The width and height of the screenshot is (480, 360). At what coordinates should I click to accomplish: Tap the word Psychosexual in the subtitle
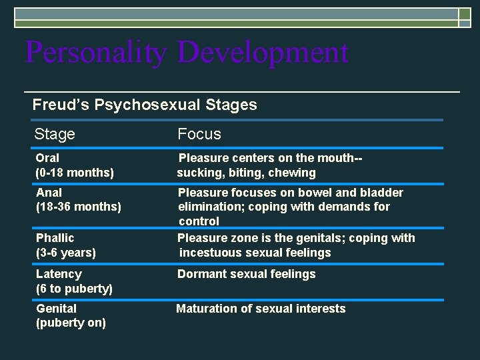coord(131,105)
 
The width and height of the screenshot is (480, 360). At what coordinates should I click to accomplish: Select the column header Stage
coord(55,134)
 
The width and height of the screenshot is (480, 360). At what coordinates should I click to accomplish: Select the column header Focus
coord(199,134)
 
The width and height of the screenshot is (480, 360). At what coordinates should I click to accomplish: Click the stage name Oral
coord(47,158)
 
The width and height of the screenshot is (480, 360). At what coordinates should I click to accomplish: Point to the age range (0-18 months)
coord(75,173)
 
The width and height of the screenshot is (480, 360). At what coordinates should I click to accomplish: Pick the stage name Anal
coord(49,193)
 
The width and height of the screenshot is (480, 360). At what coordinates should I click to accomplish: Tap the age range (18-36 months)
coord(79,207)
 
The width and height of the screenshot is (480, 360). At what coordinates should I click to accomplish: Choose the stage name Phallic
coord(55,238)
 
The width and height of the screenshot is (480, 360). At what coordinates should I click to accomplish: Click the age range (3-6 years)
coord(66,253)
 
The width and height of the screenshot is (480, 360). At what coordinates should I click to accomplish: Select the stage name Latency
coord(59,274)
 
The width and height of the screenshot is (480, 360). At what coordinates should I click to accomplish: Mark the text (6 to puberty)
coord(74,289)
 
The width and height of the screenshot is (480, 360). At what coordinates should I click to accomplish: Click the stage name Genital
coord(56,309)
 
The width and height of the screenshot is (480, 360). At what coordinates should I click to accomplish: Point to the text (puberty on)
coord(71,323)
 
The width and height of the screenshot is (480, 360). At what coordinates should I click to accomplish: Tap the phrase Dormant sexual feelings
coord(246,274)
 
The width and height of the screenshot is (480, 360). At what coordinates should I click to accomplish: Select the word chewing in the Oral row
coord(293,173)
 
